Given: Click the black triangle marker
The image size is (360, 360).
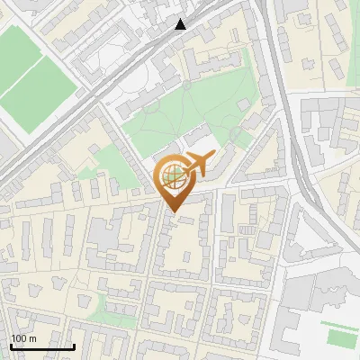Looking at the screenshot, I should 181,23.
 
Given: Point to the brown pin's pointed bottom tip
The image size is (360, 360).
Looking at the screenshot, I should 173,211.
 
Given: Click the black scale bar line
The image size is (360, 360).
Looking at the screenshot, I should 42,346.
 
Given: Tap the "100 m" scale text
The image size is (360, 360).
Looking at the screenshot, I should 23,337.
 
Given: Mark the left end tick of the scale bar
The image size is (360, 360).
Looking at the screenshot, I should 11,344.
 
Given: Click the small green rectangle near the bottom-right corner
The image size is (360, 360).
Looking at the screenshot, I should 340,338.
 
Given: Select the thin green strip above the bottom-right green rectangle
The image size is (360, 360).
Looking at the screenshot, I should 337,325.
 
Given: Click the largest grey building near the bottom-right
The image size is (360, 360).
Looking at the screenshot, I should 315,297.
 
